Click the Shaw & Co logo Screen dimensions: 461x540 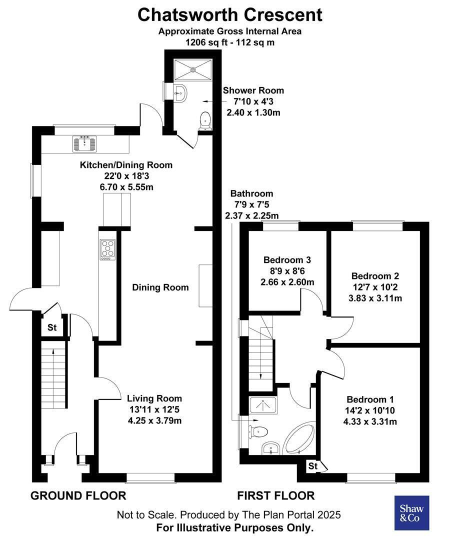[411, 513]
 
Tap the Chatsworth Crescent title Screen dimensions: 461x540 [230, 15]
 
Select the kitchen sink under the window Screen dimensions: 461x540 [84, 143]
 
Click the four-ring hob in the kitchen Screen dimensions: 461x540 [108, 249]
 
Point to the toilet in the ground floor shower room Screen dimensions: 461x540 [205, 120]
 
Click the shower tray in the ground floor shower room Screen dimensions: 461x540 [193, 69]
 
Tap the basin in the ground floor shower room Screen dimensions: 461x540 [180, 92]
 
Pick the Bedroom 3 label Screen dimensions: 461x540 [287, 259]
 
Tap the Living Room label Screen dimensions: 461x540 [154, 398]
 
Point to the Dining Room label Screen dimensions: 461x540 [160, 287]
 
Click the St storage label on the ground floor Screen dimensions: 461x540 [52, 327]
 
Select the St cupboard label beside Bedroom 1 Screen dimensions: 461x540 [313, 466]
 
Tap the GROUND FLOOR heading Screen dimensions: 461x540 [78, 495]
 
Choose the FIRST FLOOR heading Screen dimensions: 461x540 [276, 495]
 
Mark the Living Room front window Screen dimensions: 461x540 [150, 477]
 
